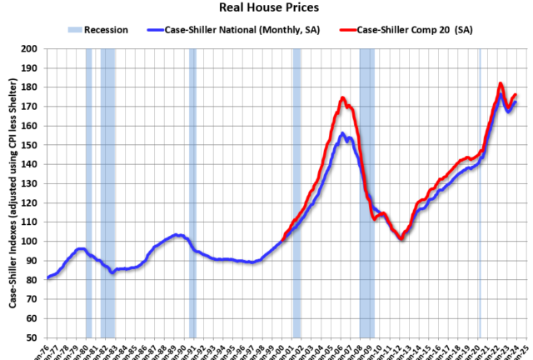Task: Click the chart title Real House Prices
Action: point(266,8)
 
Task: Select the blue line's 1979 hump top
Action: point(80,248)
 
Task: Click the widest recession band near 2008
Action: point(367,192)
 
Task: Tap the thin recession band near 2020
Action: point(480,192)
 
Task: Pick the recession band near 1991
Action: point(192,192)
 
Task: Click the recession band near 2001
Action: point(296,192)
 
